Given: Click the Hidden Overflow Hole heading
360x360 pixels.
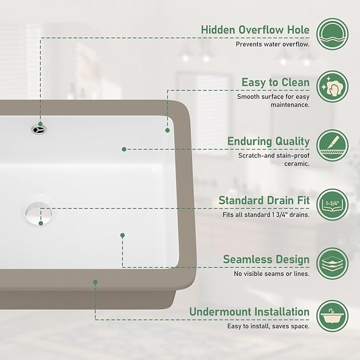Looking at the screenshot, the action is (255, 30).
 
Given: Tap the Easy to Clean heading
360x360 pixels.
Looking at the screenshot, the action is (276, 82).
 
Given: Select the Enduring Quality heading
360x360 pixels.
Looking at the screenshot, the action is (268, 141).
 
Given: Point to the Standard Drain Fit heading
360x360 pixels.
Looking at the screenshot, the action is (264, 200).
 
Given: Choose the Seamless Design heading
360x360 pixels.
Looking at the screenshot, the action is (266, 259).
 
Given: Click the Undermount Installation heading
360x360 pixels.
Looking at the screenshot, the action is (249, 312).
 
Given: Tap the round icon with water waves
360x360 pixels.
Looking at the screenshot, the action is (332, 34).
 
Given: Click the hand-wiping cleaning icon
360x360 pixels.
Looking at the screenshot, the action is (332, 86).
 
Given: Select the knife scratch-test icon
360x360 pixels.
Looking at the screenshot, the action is (332, 145).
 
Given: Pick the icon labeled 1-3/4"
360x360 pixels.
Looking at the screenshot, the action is (332, 205).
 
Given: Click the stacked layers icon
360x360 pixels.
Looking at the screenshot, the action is (332, 264).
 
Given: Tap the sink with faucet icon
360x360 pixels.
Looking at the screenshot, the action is (332, 316).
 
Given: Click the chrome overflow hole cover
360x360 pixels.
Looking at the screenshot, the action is (39, 129).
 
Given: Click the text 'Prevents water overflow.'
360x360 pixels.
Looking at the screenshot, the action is (273, 44).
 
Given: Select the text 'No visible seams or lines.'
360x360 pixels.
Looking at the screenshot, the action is (271, 274).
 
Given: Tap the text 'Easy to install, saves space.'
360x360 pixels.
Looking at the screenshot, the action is (268, 326).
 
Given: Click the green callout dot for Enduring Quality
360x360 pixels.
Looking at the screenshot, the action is (124, 149).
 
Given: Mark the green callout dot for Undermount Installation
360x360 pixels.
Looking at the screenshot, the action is (95, 282).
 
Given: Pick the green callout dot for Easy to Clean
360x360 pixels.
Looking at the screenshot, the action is (168, 130).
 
